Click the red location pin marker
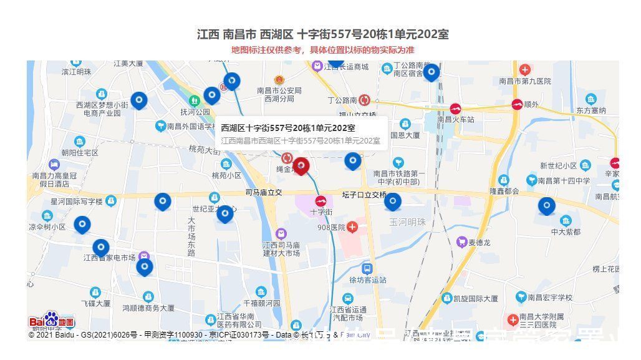click(301, 166)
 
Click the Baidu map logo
click(52, 321)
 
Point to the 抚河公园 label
click(195, 112)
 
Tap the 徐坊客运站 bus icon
click(367, 268)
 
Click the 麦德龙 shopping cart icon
click(461, 241)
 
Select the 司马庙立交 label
click(264, 192)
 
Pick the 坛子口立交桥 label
click(365, 195)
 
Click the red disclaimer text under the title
click(322, 50)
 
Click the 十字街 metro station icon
click(321, 201)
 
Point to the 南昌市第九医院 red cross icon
click(525, 70)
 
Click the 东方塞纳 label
click(590, 110)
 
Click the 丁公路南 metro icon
click(364, 100)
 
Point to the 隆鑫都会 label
click(504, 191)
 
